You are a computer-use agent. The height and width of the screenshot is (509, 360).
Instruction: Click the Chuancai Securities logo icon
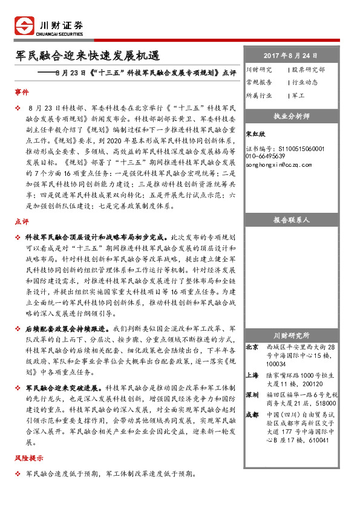pos(25,27)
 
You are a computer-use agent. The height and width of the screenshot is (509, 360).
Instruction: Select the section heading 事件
pos(22,92)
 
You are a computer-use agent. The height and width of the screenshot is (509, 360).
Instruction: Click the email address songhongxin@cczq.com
pos(280,164)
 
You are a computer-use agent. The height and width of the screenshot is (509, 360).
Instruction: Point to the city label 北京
pos(252,348)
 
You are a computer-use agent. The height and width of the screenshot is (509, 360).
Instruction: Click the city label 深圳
pos(252,394)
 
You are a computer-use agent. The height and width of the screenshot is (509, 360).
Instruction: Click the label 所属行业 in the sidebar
pos(260,95)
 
